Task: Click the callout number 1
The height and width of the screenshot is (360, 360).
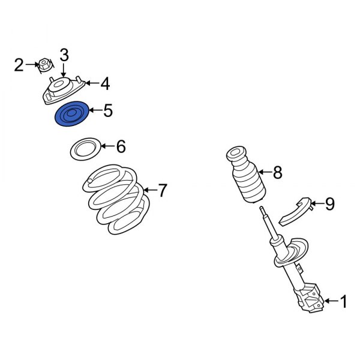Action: click(x=344, y=302)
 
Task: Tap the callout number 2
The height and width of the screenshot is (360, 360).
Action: click(x=19, y=64)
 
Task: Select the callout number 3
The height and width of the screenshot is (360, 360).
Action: click(x=64, y=55)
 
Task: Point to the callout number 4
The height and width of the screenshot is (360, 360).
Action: click(x=104, y=83)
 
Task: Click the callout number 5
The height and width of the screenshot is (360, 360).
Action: click(x=107, y=111)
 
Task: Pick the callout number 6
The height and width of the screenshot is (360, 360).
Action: click(x=120, y=146)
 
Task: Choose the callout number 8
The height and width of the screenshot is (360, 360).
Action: click(x=277, y=173)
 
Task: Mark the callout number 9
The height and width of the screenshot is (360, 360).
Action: click(x=329, y=205)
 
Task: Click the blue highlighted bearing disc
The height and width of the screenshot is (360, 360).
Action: click(x=71, y=115)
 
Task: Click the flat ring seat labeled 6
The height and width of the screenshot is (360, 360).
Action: click(x=85, y=149)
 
